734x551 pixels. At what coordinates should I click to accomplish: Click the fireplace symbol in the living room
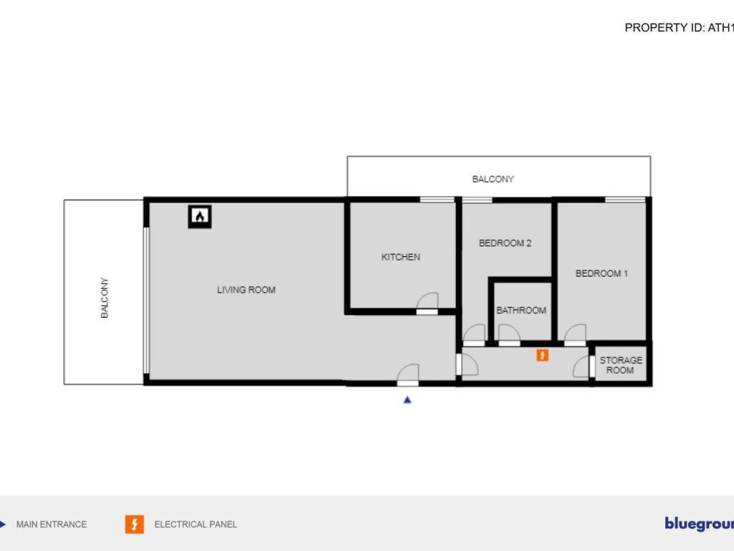[x=200, y=216]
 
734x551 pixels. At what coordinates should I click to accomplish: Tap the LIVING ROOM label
[x=246, y=290]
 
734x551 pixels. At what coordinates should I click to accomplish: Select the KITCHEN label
[x=401, y=257]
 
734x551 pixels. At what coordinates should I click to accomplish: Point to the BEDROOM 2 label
[x=505, y=243]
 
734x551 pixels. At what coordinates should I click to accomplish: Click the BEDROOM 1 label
[x=601, y=273]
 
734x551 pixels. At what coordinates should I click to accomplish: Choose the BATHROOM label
[x=521, y=311]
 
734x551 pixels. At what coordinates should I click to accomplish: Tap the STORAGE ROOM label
[x=621, y=365]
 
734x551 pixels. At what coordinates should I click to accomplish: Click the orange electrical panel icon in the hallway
[x=543, y=354]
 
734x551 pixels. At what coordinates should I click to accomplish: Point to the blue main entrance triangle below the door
[x=407, y=400]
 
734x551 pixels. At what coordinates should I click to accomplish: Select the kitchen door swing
[x=428, y=303]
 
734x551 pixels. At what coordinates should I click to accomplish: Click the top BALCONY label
[x=493, y=179]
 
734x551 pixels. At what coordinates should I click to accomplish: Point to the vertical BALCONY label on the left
[x=105, y=298]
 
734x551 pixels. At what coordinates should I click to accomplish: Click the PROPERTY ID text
[x=680, y=28]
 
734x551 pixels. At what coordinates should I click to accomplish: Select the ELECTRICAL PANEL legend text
[x=196, y=524]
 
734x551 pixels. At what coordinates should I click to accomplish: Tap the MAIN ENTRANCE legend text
[x=52, y=524]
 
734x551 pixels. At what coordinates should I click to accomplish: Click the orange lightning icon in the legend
[x=134, y=524]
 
